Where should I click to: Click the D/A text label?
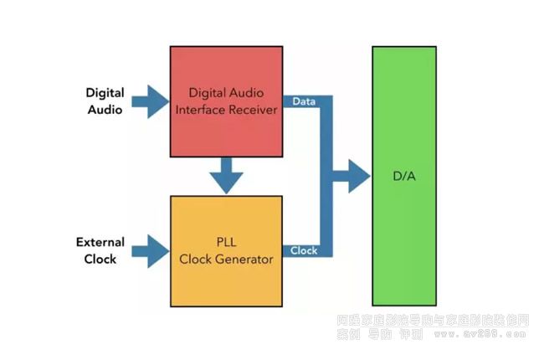click(404, 177)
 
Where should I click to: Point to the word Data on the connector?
click(303, 100)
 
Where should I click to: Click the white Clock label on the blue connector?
click(305, 250)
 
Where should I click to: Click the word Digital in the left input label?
click(105, 92)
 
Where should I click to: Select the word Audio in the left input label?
click(105, 109)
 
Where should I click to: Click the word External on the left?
click(100, 243)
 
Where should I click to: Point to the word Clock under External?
click(100, 260)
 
